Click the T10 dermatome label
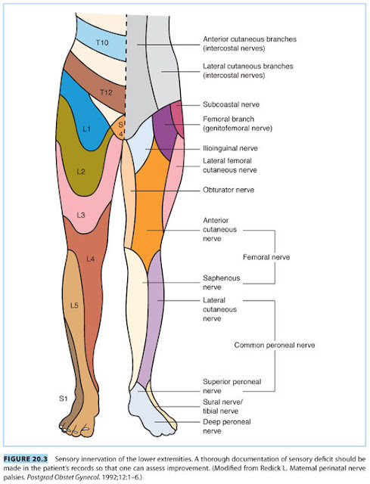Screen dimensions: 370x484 [102, 42]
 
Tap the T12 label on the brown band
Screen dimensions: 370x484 [106, 92]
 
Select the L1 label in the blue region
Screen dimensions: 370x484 [87, 129]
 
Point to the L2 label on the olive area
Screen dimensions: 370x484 [81, 172]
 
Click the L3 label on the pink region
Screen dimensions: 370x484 [81, 215]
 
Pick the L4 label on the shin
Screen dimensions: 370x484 [91, 259]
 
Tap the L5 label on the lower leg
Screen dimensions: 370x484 [74, 306]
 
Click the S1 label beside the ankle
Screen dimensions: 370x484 [63, 399]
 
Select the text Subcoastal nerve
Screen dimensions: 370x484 [231, 104]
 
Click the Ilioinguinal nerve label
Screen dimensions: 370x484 [230, 148]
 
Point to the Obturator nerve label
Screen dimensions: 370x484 [229, 190]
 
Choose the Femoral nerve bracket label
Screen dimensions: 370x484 [266, 257]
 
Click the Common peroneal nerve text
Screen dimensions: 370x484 [275, 345]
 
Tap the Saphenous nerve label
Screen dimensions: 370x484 [221, 282]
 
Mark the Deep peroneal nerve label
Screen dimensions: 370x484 [227, 427]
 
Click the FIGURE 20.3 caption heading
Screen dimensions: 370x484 [26, 459]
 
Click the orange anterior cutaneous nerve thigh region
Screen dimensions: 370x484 [150, 203]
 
